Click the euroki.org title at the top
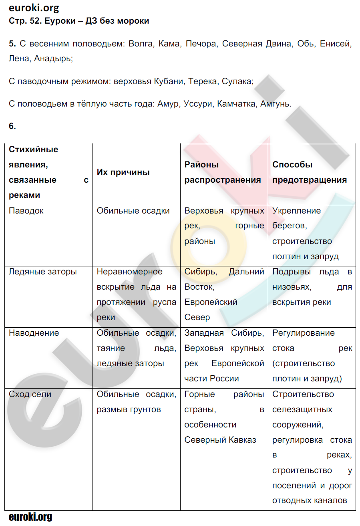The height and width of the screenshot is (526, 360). [x=34, y=8]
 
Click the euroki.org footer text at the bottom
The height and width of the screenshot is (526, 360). [x=30, y=517]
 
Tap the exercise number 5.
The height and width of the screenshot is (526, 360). [x=12, y=44]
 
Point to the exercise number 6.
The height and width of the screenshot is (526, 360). [x=12, y=126]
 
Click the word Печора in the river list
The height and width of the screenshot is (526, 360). [x=201, y=44]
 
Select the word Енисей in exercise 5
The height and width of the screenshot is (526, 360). [x=336, y=44]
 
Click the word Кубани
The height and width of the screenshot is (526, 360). [x=168, y=81]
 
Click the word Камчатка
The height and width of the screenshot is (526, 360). [x=235, y=104]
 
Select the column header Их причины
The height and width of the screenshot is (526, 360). [x=123, y=172]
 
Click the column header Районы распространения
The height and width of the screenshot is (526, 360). [x=223, y=172]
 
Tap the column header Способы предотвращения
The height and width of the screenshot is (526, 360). [x=310, y=172]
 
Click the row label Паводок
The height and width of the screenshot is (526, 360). [x=26, y=211]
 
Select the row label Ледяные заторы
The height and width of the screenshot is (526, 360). [x=43, y=272]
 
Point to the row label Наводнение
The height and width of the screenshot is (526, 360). [x=34, y=333]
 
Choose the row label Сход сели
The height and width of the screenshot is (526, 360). [x=30, y=395]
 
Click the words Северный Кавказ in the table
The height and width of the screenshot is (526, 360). [x=220, y=440]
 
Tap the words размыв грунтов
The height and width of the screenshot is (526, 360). [x=129, y=410]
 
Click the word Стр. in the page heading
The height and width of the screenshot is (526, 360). [x=17, y=21]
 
